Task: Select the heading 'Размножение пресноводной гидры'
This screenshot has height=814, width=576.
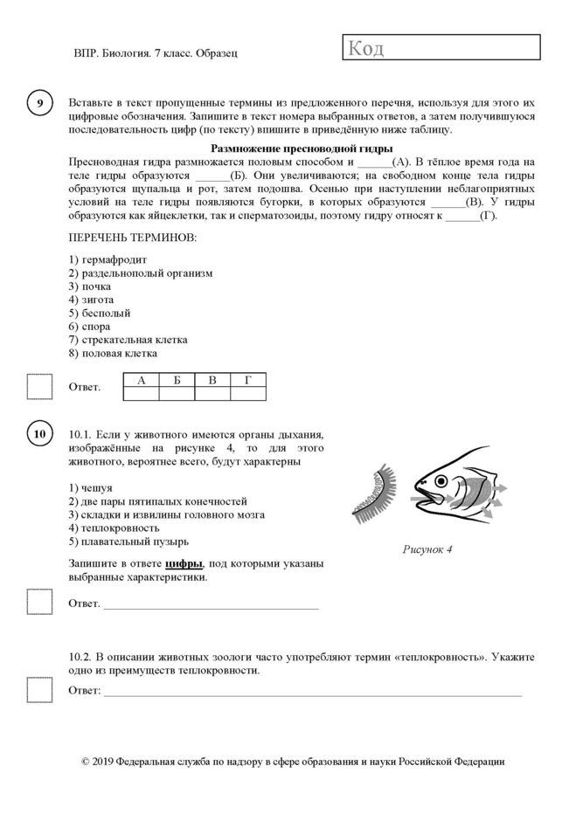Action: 302,148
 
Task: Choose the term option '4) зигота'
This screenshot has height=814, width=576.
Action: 91,299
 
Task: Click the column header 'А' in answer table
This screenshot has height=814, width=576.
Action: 142,379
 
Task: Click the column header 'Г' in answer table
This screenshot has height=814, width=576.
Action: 247,379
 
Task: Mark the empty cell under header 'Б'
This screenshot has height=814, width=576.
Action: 177,393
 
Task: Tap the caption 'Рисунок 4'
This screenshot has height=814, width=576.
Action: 427,551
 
